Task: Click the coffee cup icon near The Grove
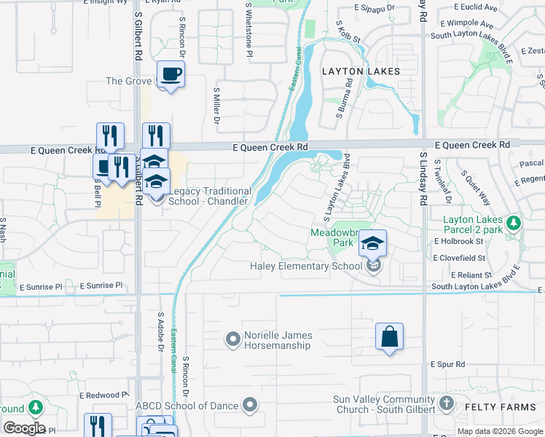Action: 170,74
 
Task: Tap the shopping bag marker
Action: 390,337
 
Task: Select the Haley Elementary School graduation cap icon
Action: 372,243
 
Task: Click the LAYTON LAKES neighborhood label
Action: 361,71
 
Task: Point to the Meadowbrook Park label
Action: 332,237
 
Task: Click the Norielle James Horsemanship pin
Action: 233,339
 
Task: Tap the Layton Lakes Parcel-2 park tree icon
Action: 514,221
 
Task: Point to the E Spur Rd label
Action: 447,363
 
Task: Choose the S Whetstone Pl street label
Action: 249,29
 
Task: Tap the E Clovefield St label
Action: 459,258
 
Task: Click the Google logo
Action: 23,428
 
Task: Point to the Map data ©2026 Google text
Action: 500,431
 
